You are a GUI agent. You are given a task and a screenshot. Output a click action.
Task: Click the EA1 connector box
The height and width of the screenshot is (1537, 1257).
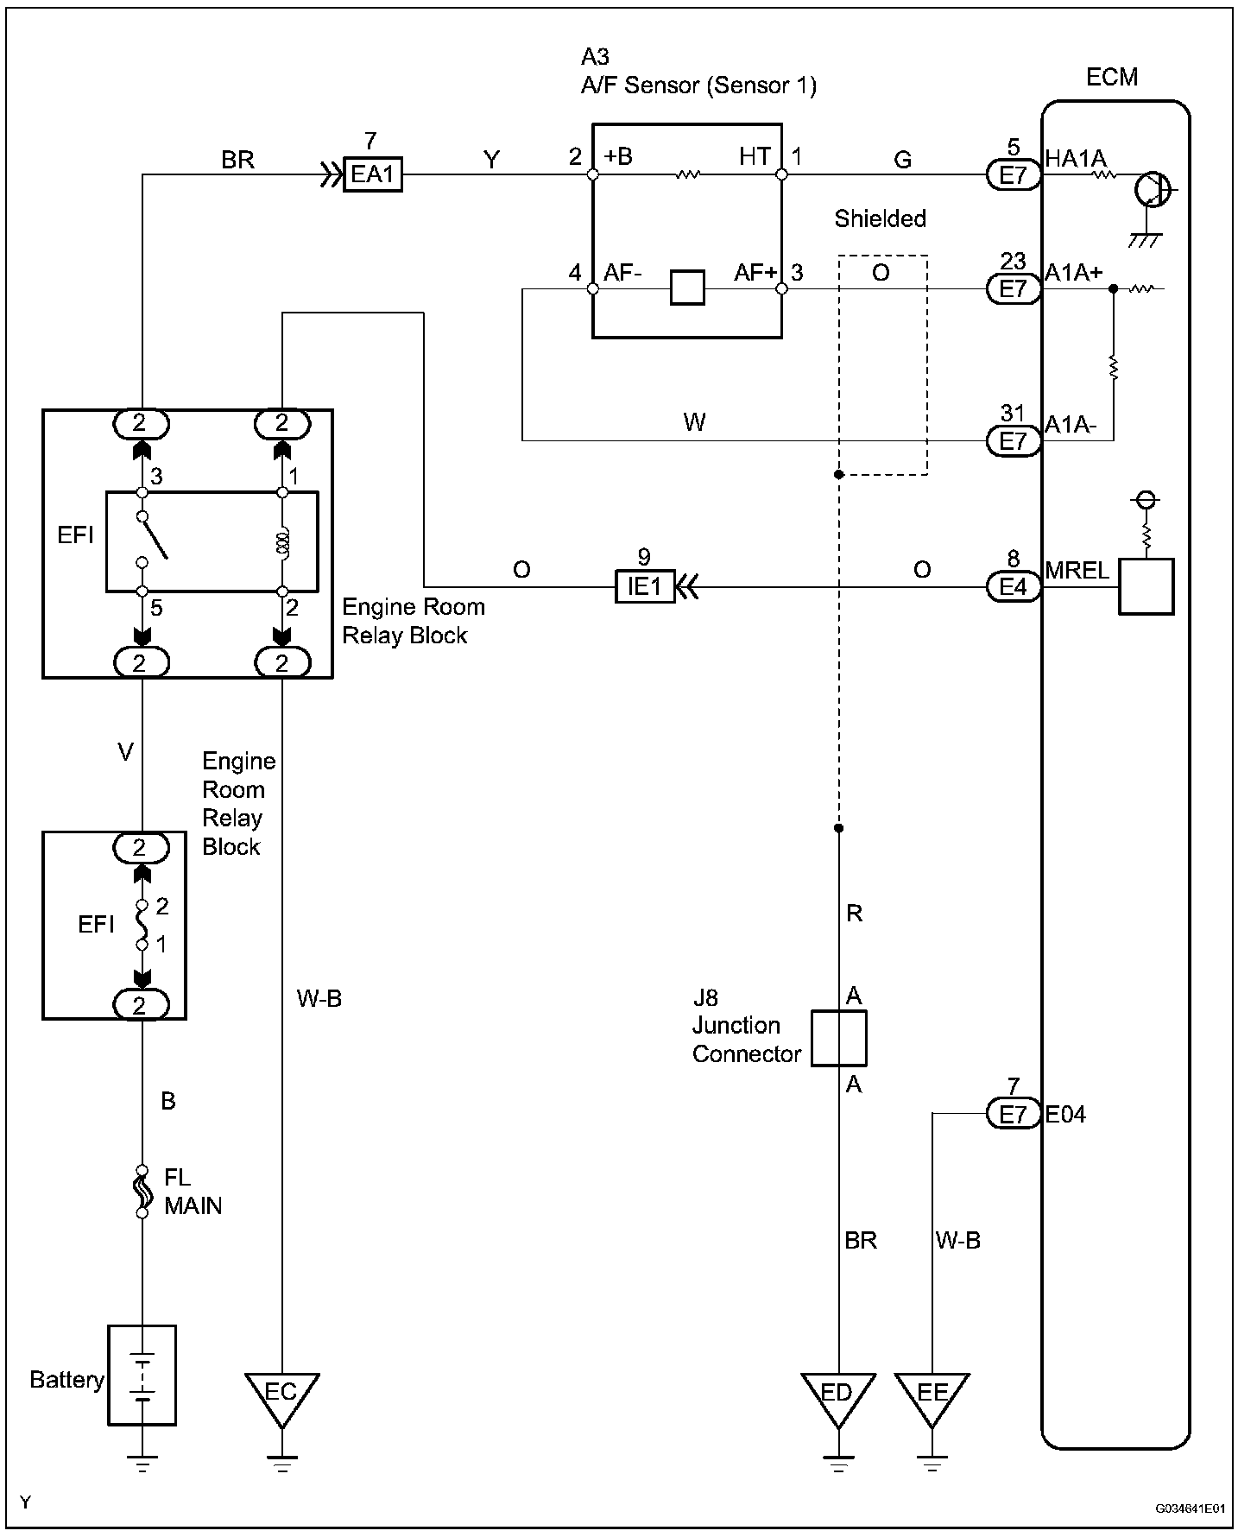(x=373, y=174)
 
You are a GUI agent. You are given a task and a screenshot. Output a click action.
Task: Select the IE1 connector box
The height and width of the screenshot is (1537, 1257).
(x=644, y=587)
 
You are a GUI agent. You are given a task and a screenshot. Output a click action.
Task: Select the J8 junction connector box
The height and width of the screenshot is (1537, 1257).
(x=838, y=1038)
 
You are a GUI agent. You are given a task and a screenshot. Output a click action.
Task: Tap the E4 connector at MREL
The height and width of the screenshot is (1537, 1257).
(x=1014, y=587)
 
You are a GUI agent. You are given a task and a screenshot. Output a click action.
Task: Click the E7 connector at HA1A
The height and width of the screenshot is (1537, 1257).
(x=1014, y=175)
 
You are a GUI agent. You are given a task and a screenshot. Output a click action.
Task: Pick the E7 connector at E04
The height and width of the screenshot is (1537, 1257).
(x=1014, y=1115)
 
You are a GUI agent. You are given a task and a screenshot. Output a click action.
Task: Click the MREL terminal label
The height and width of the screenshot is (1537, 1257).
(x=1077, y=571)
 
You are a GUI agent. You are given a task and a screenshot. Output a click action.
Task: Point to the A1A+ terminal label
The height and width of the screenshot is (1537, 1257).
(x=1074, y=273)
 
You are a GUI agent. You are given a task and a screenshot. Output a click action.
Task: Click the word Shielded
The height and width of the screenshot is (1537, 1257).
(x=880, y=218)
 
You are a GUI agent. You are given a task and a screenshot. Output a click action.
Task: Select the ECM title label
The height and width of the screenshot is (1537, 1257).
(x=1112, y=77)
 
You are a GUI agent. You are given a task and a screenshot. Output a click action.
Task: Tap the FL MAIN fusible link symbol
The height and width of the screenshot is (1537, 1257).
(x=142, y=1192)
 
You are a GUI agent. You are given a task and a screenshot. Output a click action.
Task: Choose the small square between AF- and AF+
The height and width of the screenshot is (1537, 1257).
(x=687, y=288)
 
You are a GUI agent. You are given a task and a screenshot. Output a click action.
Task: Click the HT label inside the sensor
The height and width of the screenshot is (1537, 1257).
(x=755, y=156)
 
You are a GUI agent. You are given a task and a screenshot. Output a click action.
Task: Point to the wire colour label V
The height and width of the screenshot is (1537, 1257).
(x=125, y=753)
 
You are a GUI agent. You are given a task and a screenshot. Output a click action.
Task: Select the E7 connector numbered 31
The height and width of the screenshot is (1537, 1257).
(x=1014, y=441)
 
